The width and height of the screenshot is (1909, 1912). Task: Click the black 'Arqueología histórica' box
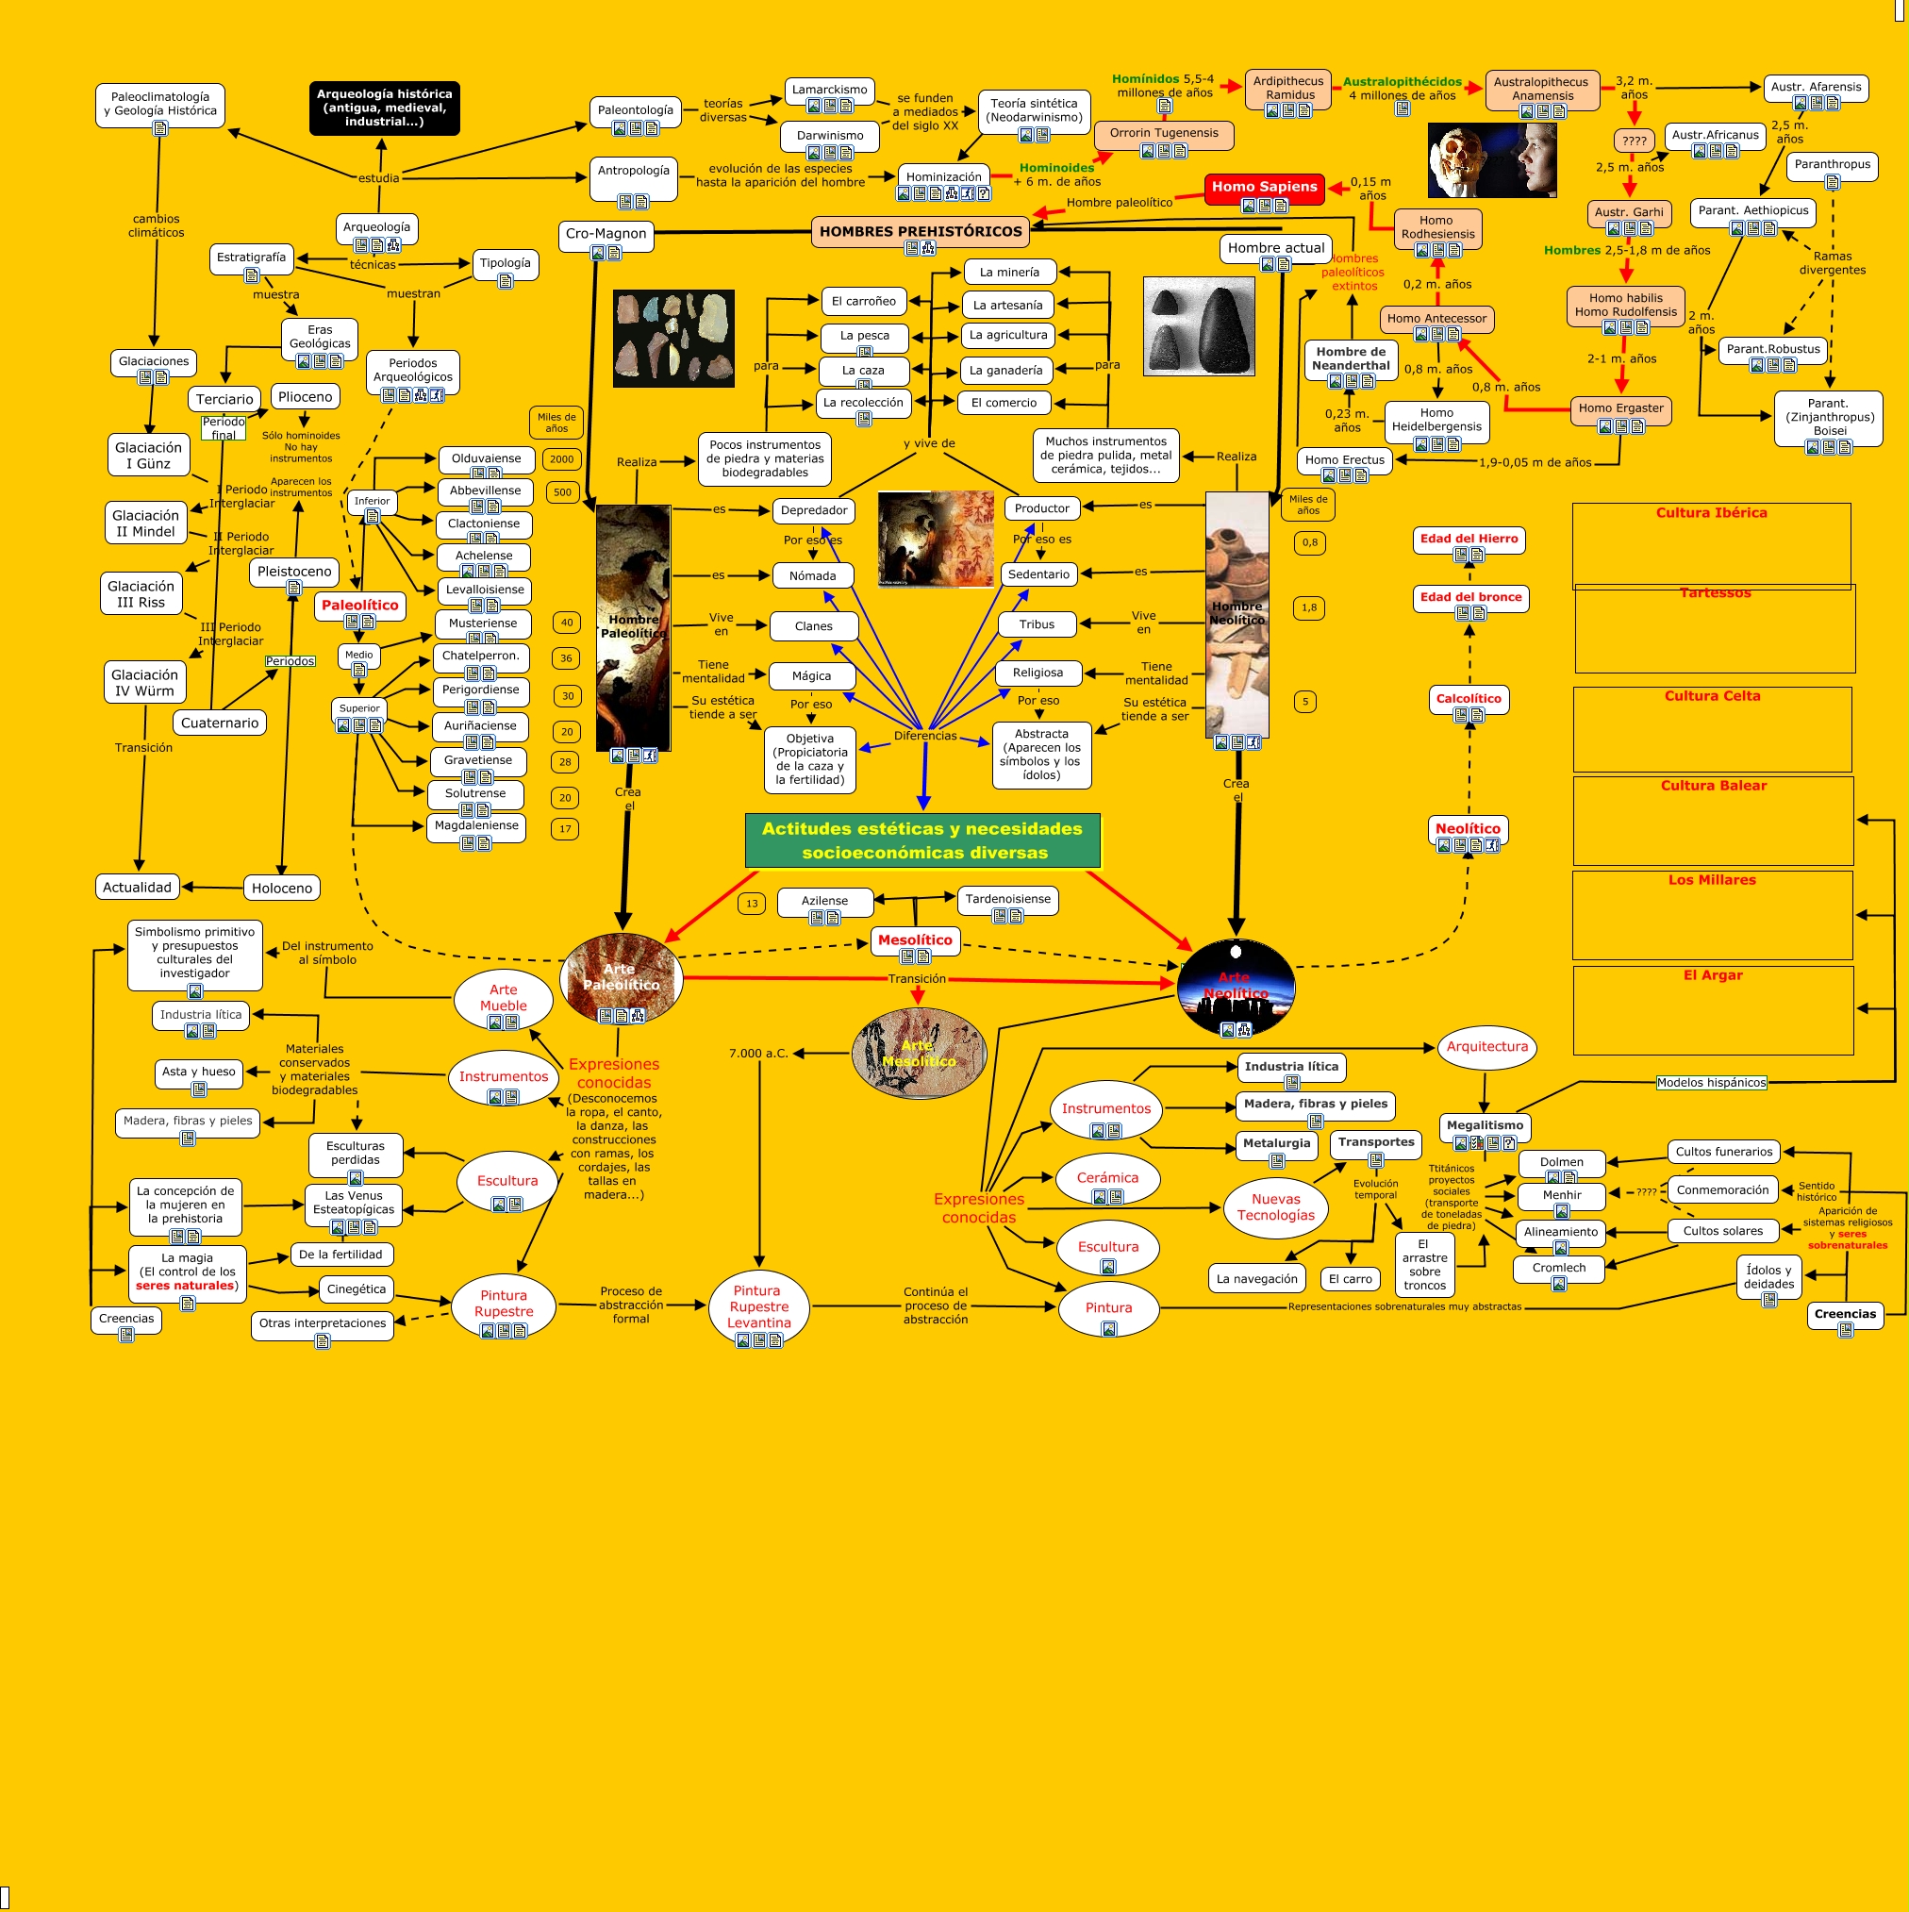(x=384, y=108)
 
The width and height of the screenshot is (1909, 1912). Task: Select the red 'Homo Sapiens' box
(x=1264, y=187)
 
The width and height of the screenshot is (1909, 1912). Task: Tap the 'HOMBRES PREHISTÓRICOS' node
(x=920, y=232)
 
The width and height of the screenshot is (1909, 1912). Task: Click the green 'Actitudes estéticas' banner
(x=922, y=840)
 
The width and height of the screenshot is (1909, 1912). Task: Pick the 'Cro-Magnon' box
(x=606, y=235)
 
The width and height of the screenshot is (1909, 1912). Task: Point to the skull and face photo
(x=1491, y=160)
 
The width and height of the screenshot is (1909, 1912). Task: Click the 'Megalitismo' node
(x=1485, y=1125)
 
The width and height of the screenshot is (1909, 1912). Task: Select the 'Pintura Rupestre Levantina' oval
(x=759, y=1306)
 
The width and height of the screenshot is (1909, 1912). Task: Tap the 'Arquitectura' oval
(x=1486, y=1047)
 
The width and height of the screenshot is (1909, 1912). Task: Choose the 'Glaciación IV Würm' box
(x=144, y=683)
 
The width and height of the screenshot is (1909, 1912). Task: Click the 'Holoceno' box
(x=281, y=888)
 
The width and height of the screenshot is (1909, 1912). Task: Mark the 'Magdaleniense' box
(x=476, y=825)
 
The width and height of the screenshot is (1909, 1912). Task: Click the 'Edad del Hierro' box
(x=1469, y=540)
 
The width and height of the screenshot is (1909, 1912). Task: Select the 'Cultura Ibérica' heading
(x=1711, y=512)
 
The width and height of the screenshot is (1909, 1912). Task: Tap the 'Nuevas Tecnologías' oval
(x=1275, y=1207)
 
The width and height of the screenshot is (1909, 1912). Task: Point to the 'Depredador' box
(x=813, y=510)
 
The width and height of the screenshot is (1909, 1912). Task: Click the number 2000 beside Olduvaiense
(x=561, y=459)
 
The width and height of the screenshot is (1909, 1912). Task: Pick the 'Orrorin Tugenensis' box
(x=1164, y=134)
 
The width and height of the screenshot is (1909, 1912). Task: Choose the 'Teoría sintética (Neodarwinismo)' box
(x=1033, y=111)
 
